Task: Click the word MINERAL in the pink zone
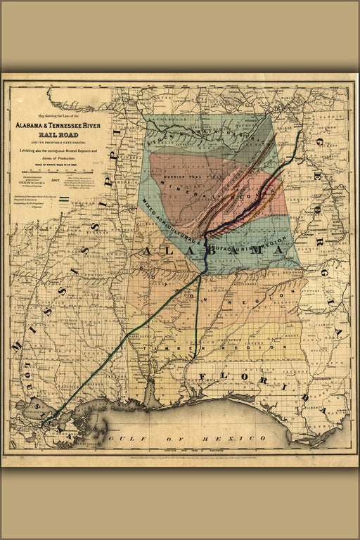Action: (x=174, y=190)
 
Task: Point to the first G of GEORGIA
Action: (x=318, y=143)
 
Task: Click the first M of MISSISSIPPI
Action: (x=16, y=346)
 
